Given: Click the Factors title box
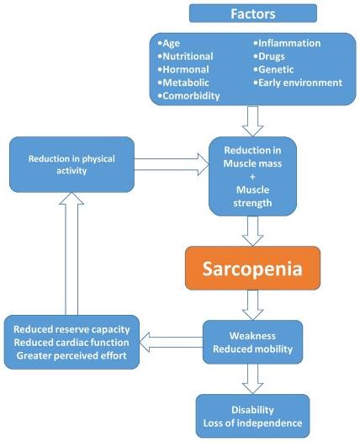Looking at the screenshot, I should click(252, 13).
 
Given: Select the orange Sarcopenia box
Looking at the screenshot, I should click(253, 269).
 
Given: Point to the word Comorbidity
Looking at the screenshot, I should click(192, 95).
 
